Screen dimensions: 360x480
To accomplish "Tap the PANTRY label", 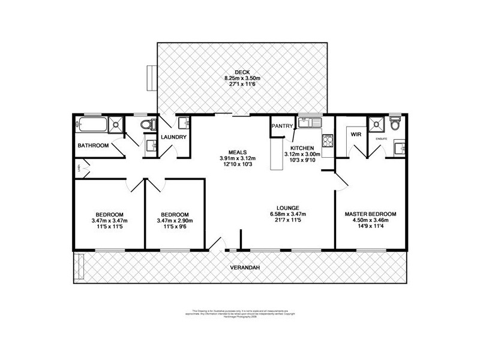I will point(282,127).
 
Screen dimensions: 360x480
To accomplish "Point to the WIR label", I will point(355,135).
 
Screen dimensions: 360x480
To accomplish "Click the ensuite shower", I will point(376,125).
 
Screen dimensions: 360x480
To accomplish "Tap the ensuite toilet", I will point(394,125).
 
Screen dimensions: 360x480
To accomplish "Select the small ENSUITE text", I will point(381,139).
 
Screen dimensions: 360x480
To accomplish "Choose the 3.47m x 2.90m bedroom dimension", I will point(175,221).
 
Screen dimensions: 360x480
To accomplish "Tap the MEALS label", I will point(236,151).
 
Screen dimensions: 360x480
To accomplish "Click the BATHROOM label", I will point(93,146).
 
